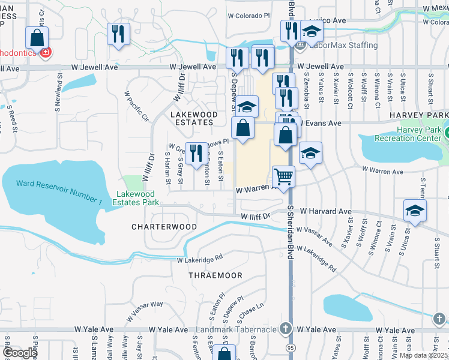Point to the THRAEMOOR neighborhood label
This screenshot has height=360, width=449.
pyautogui.click(x=215, y=275)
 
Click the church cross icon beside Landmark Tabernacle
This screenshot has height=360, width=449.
pyautogui.click(x=286, y=329)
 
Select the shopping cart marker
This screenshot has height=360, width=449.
pyautogui.click(x=283, y=177)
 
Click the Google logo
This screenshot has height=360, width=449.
pyautogui.click(x=19, y=352)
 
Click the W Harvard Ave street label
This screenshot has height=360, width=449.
pyautogui.click(x=325, y=212)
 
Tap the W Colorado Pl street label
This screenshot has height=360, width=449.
pyautogui.click(x=249, y=16)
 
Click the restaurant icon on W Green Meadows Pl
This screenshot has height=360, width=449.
pyautogui.click(x=194, y=154)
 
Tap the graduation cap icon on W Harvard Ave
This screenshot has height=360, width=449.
pyautogui.click(x=415, y=211)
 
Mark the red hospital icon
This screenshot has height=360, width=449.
pyautogui.click(x=44, y=52)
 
